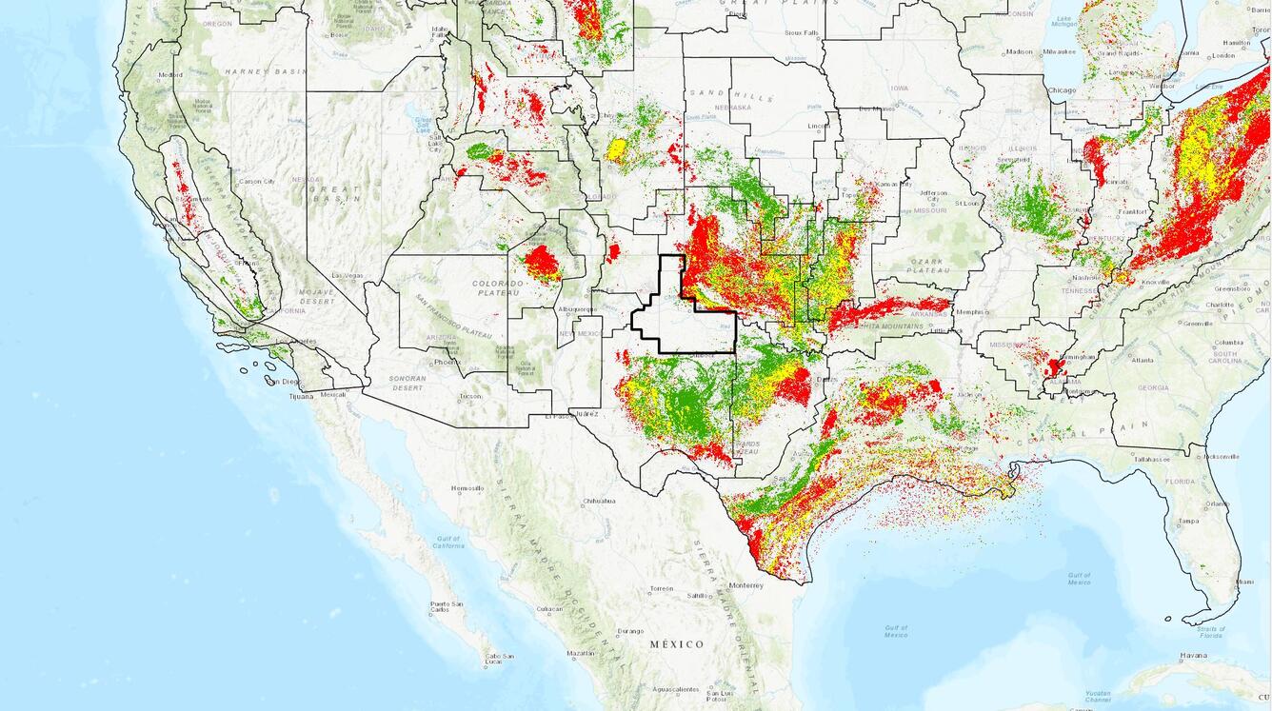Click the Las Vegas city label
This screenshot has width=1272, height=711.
[348, 276]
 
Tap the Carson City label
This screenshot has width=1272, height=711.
[256, 181]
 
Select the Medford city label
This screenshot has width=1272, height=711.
[170, 74]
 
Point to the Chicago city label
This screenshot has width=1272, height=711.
[1062, 90]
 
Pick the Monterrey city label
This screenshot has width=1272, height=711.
[745, 585]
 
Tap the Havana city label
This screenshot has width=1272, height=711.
[1193, 655]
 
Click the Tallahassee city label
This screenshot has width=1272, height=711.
[1151, 459]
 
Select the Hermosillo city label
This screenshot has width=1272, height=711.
[467, 488]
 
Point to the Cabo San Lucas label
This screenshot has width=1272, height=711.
[501, 656]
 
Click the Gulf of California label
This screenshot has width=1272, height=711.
[447, 542]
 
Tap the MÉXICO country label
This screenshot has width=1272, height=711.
[677, 644]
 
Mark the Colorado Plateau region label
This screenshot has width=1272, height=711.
[498, 287]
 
